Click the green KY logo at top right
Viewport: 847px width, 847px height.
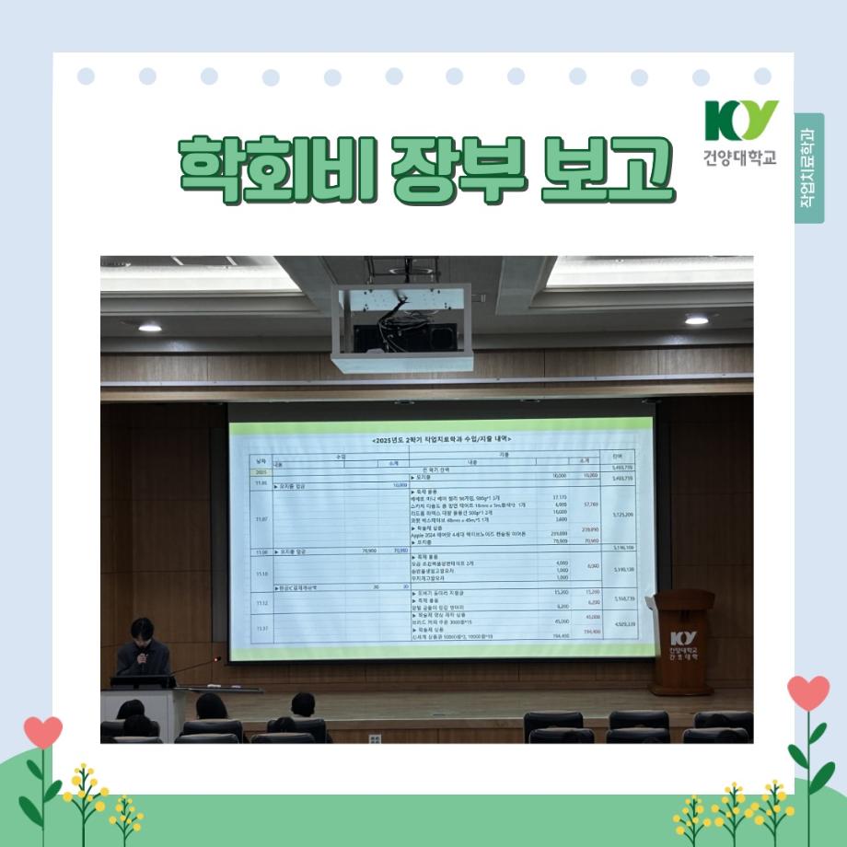coord(741,121)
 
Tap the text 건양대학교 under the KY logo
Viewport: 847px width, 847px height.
coord(741,157)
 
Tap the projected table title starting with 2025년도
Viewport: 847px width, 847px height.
coord(442,440)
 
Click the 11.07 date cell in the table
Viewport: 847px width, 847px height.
coord(261,518)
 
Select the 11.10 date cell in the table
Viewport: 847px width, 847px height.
coord(261,572)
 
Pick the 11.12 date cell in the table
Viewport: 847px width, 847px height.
coord(261,602)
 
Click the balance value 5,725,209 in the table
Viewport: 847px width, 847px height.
coord(622,515)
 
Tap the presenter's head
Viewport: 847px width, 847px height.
coord(142,633)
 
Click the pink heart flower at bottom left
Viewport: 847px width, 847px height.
coord(42,732)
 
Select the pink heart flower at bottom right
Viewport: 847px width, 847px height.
coord(808,692)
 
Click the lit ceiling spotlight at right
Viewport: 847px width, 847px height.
coord(697,319)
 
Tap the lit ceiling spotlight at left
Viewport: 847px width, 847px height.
coord(149,327)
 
